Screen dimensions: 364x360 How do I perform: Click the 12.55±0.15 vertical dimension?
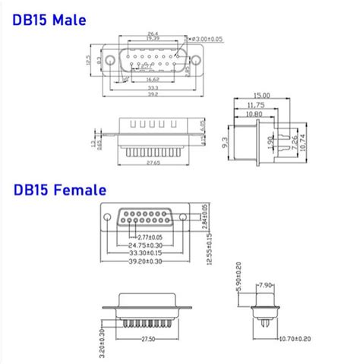point(210,248)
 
